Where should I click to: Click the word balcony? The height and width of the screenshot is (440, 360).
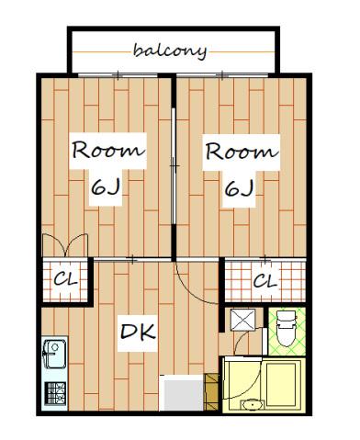170,51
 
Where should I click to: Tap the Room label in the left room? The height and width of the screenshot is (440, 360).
107,150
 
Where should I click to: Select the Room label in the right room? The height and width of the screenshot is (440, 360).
242,152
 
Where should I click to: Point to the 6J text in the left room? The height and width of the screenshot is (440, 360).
106,187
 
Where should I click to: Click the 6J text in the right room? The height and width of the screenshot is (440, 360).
239,188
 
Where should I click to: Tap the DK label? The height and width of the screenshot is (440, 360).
138,333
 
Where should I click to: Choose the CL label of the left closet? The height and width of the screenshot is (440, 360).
66,279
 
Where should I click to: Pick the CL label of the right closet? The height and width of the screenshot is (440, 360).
265,280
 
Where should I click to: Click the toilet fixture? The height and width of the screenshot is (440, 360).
287,329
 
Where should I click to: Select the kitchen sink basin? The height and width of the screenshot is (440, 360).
55,354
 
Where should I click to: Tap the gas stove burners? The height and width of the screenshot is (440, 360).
55,393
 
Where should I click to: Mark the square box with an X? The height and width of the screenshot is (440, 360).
242,320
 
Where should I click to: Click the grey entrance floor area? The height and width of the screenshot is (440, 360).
182,393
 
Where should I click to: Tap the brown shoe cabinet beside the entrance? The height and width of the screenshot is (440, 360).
211,391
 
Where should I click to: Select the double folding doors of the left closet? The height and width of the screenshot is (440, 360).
65,245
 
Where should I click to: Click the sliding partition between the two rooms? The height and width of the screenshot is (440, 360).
174,167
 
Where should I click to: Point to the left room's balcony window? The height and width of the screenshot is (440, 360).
118,75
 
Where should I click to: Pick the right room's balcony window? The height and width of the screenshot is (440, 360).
222,75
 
